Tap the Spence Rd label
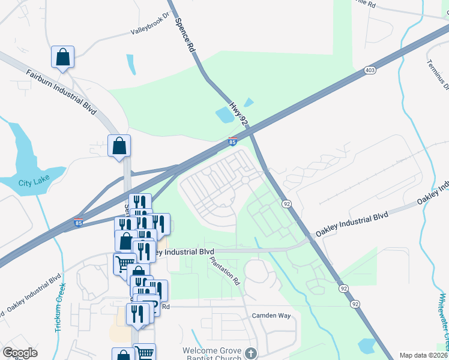185,35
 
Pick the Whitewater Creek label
442,321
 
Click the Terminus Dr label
438,74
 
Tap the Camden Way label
271,315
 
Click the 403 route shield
370,71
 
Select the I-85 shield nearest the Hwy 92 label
232,142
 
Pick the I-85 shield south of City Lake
79,223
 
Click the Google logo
20,353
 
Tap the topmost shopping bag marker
62,57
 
